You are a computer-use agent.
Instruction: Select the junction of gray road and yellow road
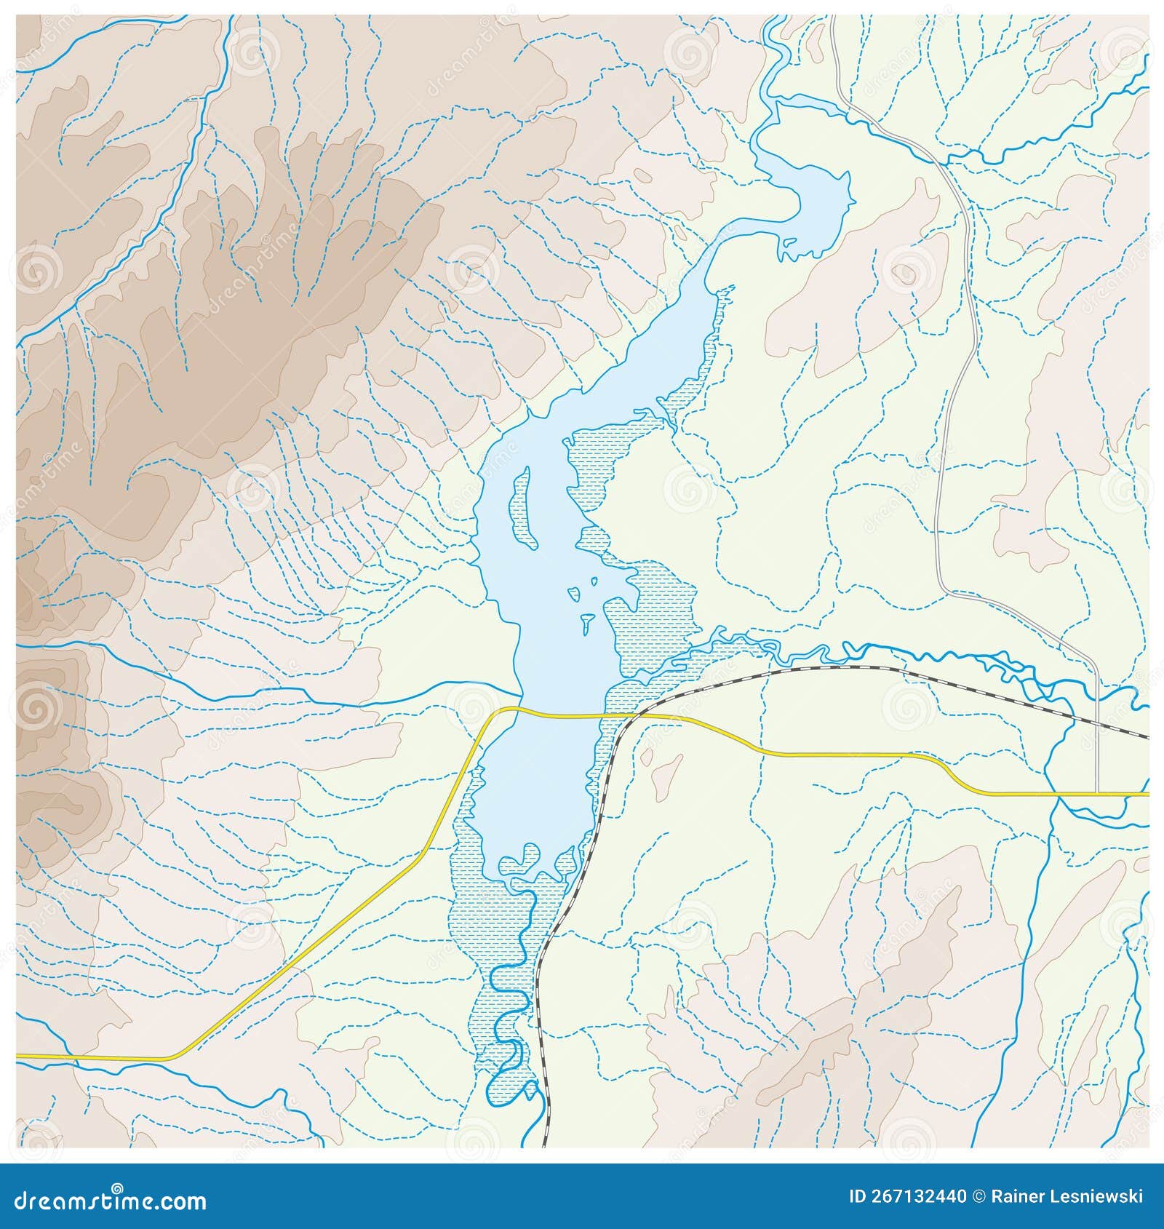[x=1097, y=794]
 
